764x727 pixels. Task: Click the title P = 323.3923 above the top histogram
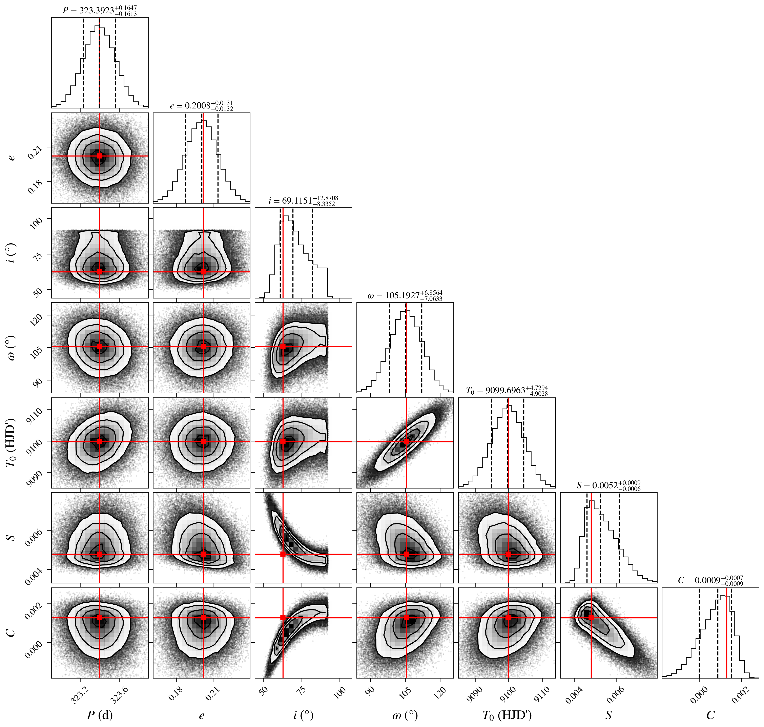click(x=100, y=11)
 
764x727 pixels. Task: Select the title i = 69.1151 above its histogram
click(x=303, y=201)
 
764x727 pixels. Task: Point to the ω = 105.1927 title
click(x=405, y=296)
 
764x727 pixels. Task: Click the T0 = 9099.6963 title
click(x=507, y=391)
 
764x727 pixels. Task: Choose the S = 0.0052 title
click(x=608, y=485)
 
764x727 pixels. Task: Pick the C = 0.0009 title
click(x=710, y=581)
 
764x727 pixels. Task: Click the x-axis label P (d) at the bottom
click(x=100, y=715)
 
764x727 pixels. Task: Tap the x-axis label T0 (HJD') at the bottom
click(x=507, y=715)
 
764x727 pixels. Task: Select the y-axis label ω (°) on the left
click(x=12, y=348)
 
